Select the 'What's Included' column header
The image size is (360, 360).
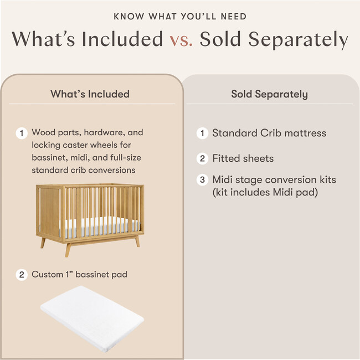(90, 94)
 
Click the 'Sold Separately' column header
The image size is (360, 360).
(269, 94)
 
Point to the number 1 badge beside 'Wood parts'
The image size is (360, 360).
(22, 133)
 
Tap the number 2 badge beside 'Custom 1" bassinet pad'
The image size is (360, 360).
(22, 275)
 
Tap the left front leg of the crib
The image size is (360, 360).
(68, 249)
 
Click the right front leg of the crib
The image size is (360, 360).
(137, 241)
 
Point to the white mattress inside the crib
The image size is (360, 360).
(100, 224)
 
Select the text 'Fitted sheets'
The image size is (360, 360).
(243, 159)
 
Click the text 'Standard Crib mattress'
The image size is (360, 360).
(269, 133)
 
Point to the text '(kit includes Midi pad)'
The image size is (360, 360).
(260, 192)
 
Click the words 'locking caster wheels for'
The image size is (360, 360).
(80, 145)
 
